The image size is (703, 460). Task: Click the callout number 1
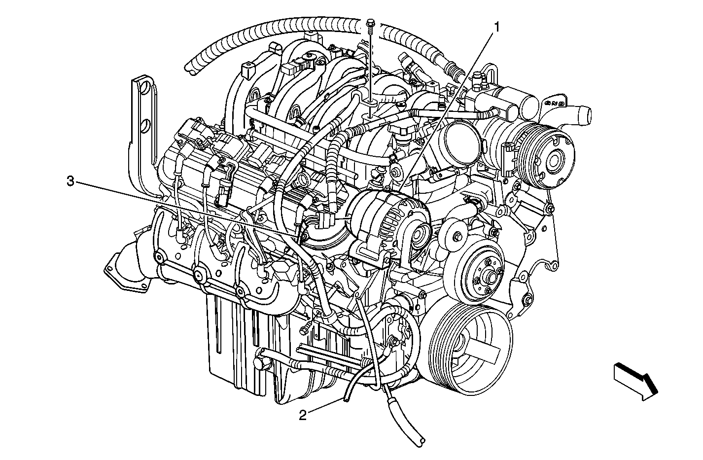coord(496,28)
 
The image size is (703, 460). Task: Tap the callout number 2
coord(303,416)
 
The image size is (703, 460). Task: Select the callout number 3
coord(70,181)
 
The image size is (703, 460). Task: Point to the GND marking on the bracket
coord(555,103)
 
